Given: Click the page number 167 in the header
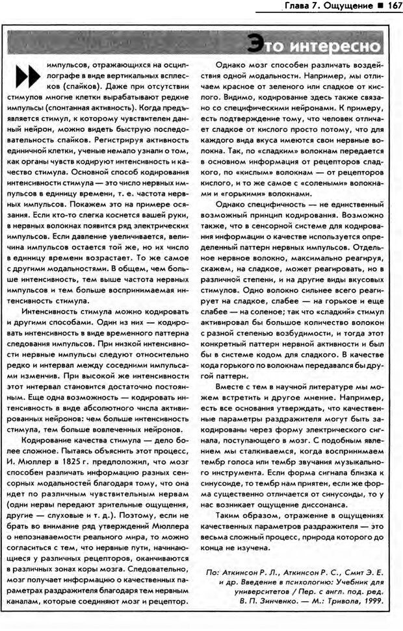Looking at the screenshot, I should point(389,6).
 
